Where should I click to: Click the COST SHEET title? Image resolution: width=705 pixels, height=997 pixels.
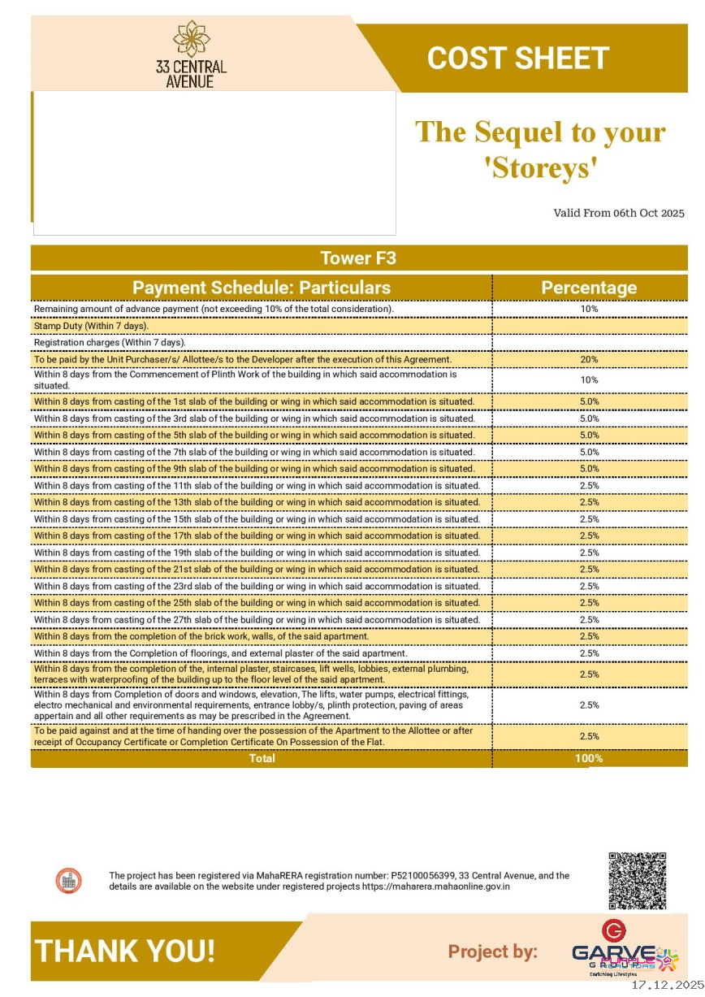click(x=517, y=59)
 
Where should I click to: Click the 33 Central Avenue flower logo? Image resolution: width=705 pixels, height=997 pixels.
click(x=192, y=38)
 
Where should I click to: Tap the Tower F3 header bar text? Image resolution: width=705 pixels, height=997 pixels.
click(x=358, y=258)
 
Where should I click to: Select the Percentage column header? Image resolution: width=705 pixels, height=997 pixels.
click(x=589, y=288)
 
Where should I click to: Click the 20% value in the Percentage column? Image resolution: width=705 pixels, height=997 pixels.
click(x=589, y=359)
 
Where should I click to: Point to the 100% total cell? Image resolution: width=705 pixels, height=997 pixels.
click(x=589, y=758)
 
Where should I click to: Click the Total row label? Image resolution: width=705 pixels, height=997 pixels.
click(x=262, y=758)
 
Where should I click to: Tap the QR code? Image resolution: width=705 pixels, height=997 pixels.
click(x=637, y=880)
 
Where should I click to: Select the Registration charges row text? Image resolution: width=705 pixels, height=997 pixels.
click(x=110, y=343)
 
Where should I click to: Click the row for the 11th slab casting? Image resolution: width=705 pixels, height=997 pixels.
click(x=257, y=486)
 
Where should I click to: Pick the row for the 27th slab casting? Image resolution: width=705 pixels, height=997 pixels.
click(x=257, y=620)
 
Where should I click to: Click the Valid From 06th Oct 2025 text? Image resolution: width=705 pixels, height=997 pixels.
click(x=619, y=213)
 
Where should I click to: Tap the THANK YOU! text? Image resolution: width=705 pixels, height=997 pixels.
click(x=125, y=951)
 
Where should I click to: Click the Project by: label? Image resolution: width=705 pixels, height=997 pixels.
click(x=492, y=951)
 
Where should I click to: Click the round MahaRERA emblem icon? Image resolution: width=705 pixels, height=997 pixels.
click(x=68, y=880)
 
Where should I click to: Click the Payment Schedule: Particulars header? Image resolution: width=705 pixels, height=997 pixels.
click(x=262, y=288)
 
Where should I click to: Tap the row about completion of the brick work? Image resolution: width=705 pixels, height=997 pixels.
click(x=201, y=636)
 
